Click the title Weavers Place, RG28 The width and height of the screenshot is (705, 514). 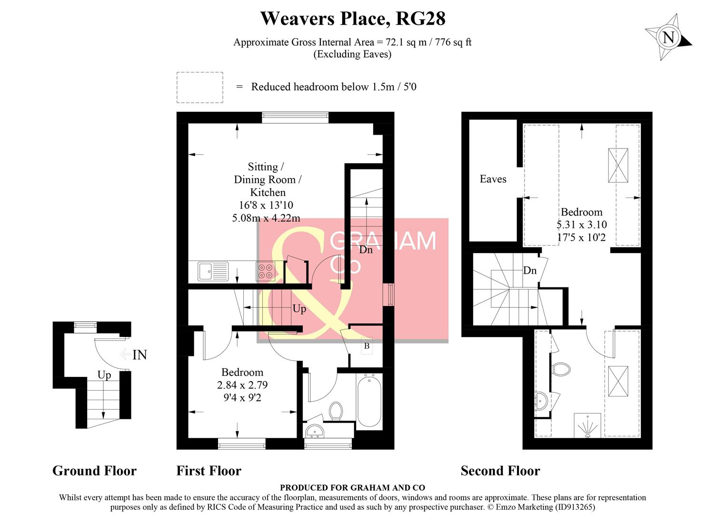353,19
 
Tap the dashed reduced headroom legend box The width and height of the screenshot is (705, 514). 200,87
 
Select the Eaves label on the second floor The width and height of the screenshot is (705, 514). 493,179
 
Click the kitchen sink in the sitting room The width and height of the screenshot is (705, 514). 213,271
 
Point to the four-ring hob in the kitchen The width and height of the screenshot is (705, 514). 265,271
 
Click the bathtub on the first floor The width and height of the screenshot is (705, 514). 369,401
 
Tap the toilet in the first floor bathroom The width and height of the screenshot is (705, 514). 336,411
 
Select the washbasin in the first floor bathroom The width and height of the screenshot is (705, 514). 315,431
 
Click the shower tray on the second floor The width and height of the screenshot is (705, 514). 587,425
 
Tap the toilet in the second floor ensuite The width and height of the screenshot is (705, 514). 561,369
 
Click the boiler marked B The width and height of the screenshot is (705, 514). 367,346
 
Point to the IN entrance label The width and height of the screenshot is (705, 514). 139,355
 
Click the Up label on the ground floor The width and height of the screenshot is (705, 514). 104,375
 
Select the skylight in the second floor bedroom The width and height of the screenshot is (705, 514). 618,166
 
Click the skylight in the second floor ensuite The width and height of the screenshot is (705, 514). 618,381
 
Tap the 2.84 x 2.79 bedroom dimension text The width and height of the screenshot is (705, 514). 242,385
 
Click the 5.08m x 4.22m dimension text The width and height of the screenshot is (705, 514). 266,218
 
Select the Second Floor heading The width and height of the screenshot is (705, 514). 500,471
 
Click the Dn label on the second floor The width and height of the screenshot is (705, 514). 530,270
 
